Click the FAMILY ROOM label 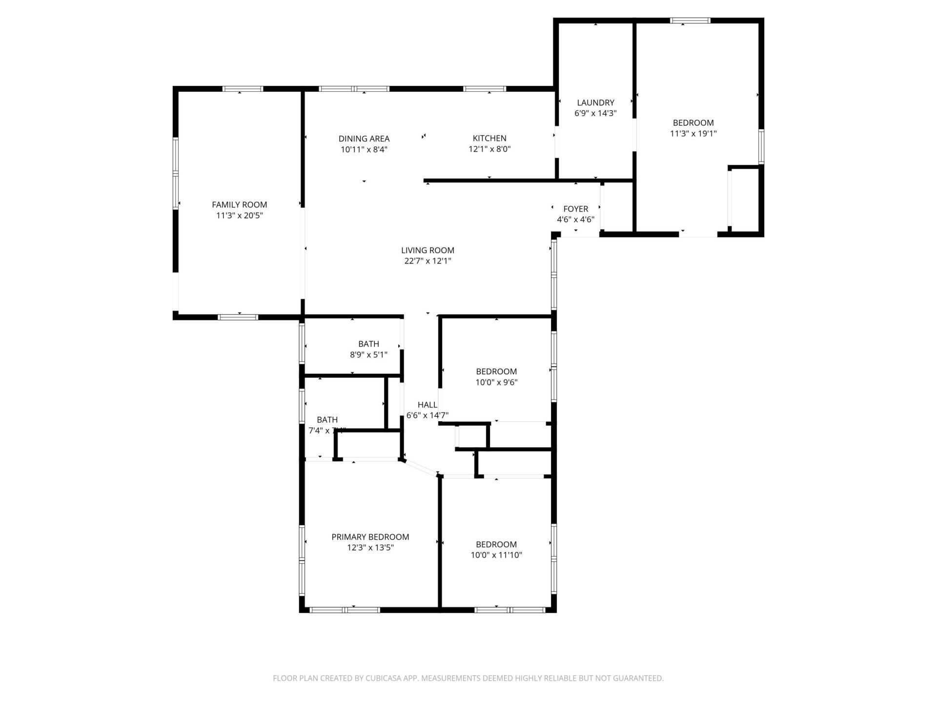click(x=239, y=205)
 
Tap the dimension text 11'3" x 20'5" click(x=239, y=215)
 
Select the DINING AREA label click(x=364, y=139)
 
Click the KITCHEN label click(x=489, y=138)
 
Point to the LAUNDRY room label click(x=595, y=103)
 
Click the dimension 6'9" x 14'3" click(x=595, y=114)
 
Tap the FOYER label click(x=575, y=209)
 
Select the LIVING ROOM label click(x=428, y=251)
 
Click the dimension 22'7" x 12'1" click(x=428, y=261)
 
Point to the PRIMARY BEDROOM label click(x=370, y=537)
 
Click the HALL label click(x=427, y=405)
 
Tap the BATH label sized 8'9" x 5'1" click(x=368, y=344)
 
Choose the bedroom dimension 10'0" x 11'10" click(x=496, y=555)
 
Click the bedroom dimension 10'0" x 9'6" click(x=496, y=383)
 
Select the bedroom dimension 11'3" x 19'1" click(x=693, y=134)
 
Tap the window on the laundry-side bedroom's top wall click(x=690, y=20)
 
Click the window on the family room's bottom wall click(x=238, y=317)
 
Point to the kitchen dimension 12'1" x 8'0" click(x=489, y=149)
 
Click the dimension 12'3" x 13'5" click(x=370, y=548)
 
